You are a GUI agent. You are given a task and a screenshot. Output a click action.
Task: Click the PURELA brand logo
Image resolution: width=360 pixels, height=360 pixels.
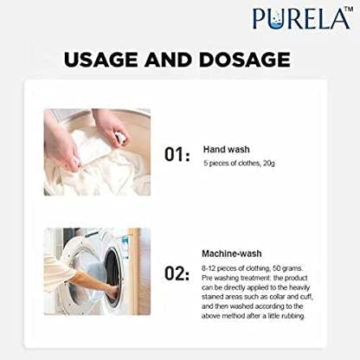[x=303, y=18]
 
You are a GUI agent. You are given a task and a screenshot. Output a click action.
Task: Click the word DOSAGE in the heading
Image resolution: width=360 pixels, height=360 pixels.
[x=245, y=60]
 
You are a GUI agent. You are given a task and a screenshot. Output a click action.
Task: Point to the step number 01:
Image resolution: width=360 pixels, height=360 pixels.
[x=177, y=154]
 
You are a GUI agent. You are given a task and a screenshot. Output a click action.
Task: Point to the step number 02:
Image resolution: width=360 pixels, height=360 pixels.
[x=177, y=273]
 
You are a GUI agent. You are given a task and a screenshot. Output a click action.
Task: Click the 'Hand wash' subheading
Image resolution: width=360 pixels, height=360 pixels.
[x=227, y=150]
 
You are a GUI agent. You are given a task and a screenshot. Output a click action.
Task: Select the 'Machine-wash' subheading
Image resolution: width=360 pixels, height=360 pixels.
[x=232, y=254]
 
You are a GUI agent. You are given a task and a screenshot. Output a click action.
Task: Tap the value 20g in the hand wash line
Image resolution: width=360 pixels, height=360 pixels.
[x=269, y=164]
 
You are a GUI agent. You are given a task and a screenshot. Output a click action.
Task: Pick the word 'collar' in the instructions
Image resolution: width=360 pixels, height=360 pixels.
[x=278, y=297]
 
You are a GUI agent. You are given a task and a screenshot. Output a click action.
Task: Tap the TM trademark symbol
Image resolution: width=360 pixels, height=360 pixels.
[x=349, y=9]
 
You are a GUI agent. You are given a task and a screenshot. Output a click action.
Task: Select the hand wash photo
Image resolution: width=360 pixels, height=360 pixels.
[x=97, y=152]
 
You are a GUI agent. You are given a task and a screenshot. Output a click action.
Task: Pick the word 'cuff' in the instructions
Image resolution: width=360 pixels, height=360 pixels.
[x=306, y=297]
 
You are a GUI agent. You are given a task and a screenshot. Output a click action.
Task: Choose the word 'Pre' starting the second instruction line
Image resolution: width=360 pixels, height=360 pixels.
[x=207, y=278]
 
